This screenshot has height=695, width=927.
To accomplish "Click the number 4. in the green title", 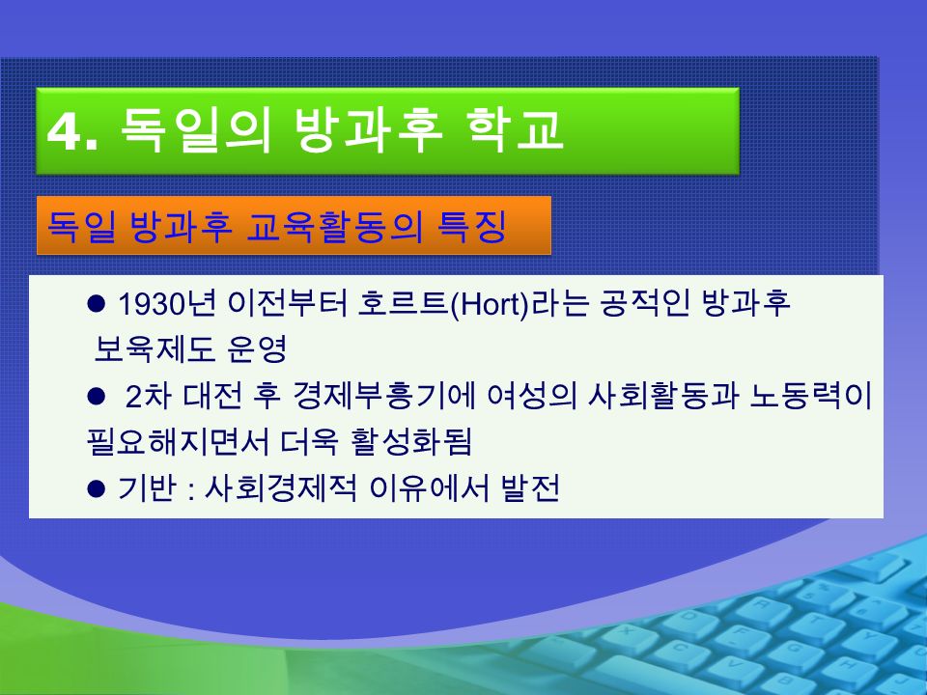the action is click(72, 132).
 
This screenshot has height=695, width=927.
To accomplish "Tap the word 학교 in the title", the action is click(515, 129).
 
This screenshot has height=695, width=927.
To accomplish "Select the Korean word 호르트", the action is click(403, 304).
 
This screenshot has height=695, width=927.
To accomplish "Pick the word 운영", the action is click(257, 349).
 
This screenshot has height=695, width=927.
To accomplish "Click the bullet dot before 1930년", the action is click(96, 304).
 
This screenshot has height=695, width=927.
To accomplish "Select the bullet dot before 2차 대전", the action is click(96, 396).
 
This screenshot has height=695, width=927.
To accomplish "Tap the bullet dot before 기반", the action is click(96, 488).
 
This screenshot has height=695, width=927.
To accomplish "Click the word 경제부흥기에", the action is click(383, 396).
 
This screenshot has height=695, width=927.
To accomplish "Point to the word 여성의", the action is click(532, 396).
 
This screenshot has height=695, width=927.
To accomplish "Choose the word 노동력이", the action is click(810, 396).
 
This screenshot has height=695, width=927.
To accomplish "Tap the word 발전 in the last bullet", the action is click(530, 488).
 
